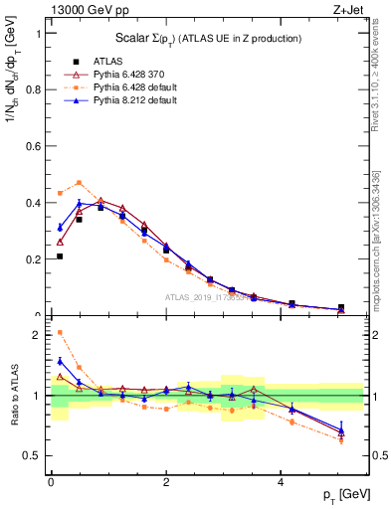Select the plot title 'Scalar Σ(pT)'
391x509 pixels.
tap(204, 38)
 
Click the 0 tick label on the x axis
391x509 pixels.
tap(51, 482)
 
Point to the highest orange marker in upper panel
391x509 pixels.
tap(79, 182)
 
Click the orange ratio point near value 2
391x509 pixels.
tap(60, 332)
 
